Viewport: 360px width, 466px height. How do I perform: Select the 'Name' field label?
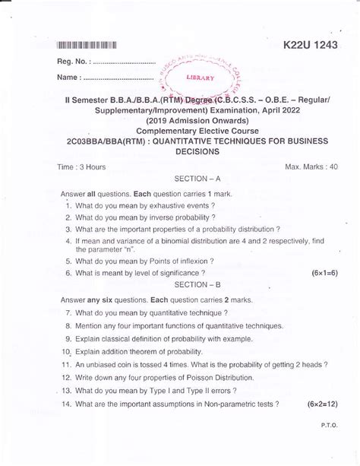tap(70, 77)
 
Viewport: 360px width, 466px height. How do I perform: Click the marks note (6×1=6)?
tap(324, 272)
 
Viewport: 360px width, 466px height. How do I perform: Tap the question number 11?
tap(68, 364)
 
